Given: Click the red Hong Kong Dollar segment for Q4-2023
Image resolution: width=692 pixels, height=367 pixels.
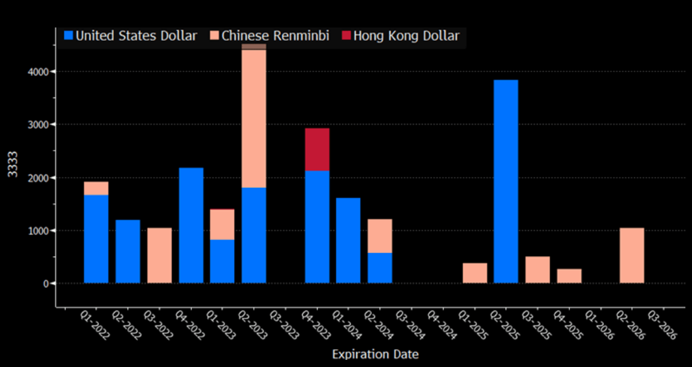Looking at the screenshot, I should (317, 149).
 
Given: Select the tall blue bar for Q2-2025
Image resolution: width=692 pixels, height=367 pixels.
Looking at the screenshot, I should (506, 181).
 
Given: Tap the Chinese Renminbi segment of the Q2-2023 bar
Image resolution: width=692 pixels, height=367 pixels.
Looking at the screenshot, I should (254, 118).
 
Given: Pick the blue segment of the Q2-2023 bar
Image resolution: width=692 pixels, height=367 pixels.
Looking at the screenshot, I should (254, 235).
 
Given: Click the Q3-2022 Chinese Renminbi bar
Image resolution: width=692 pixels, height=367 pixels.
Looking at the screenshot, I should (159, 255).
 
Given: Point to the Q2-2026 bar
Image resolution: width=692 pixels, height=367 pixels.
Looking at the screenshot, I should (632, 255).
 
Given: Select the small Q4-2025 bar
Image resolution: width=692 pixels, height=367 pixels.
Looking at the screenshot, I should (569, 276).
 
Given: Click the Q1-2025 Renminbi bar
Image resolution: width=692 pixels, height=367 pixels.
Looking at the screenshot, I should (475, 273).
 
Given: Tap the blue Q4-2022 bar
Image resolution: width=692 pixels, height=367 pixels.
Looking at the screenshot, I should (191, 225).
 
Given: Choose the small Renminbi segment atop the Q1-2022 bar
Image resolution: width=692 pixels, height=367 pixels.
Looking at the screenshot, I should (96, 188).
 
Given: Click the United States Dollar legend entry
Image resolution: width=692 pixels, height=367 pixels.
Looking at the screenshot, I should (130, 36).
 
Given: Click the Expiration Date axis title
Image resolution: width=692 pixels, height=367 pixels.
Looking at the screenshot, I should (375, 354).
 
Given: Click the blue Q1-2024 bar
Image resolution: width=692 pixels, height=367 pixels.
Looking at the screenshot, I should (348, 241).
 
